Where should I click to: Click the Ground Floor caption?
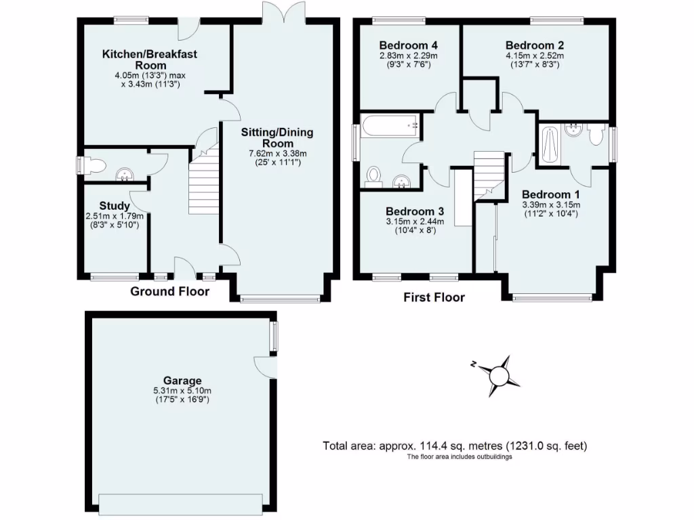point(169,292)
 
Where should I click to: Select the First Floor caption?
point(434,297)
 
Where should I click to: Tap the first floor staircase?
point(489,175)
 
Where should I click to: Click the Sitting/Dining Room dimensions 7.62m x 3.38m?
point(277,154)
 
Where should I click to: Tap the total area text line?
point(455,446)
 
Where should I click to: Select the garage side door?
point(266,366)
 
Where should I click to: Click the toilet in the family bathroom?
point(373,176)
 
